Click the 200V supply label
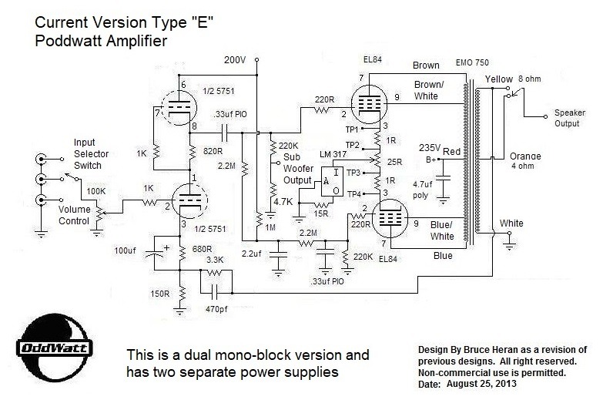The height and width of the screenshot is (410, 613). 236,60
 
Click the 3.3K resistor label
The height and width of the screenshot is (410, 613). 215,261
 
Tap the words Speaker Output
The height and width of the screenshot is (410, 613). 569,117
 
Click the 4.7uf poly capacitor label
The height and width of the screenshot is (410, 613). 422,190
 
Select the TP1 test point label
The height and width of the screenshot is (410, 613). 353,129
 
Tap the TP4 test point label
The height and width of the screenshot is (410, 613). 353,193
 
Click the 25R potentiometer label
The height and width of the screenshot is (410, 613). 396,162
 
